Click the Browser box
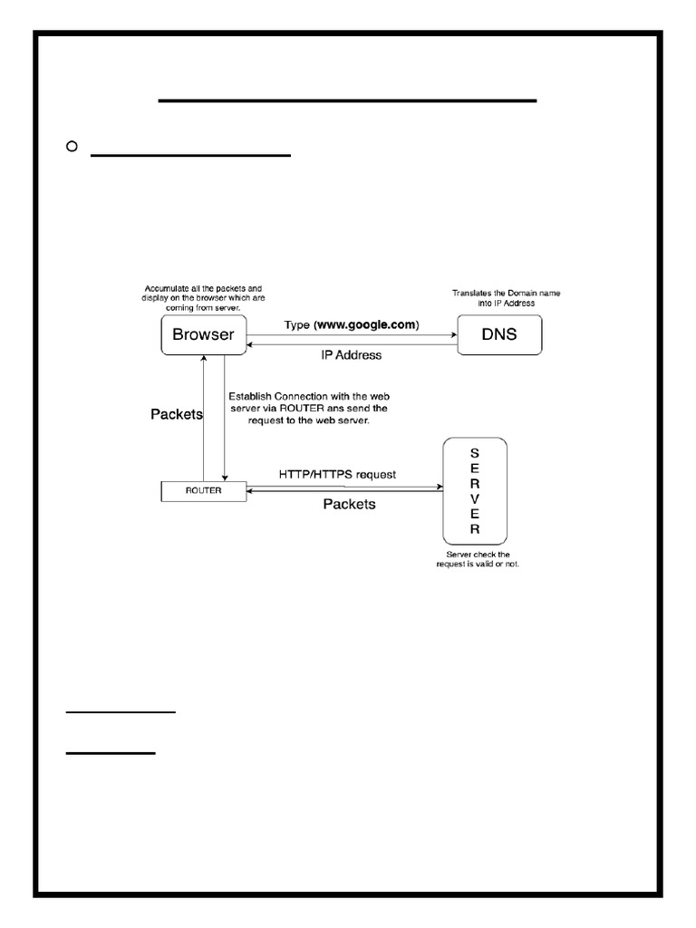coord(203,334)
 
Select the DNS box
coord(499,334)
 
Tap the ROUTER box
coord(203,490)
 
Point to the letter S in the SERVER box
coord(474,453)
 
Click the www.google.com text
coord(366,324)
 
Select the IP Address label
coord(351,355)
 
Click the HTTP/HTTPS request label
coord(336,474)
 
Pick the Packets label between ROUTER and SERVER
coord(349,505)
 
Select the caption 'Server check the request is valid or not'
coord(478,559)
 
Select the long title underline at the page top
coord(347,100)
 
